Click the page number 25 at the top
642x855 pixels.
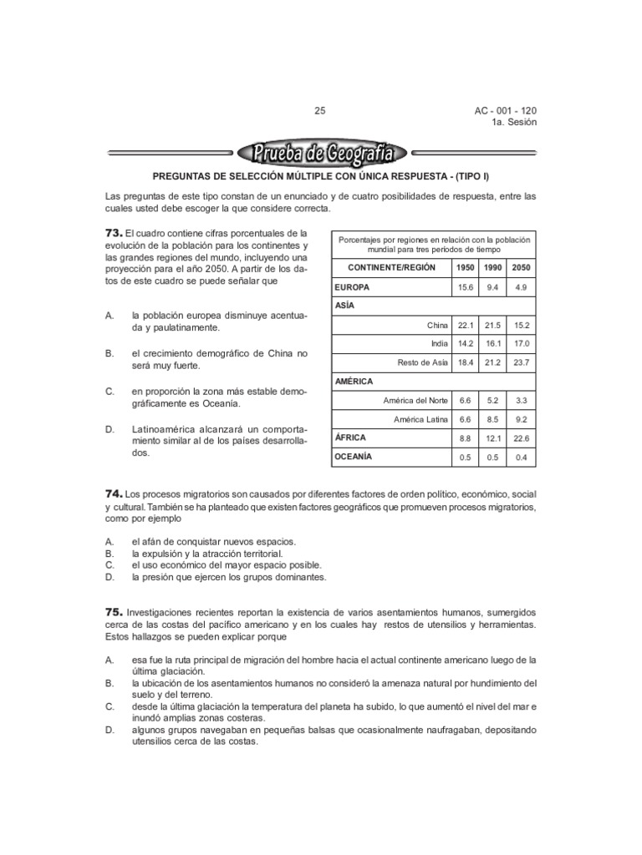pos(320,110)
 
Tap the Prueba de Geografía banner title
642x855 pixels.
pos(322,154)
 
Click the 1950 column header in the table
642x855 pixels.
pos(465,267)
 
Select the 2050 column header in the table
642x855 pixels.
pos(522,267)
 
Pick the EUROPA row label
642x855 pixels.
pos(353,286)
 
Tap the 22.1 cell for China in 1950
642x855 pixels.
pos(465,325)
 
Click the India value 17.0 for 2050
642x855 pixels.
pos(522,344)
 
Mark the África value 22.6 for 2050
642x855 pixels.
pos(522,438)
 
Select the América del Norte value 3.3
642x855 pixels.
pos(522,400)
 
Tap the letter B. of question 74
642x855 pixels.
pos(109,554)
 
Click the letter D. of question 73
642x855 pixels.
pos(110,428)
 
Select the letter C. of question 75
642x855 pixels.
pos(110,706)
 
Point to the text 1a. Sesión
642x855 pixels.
pos(514,122)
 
